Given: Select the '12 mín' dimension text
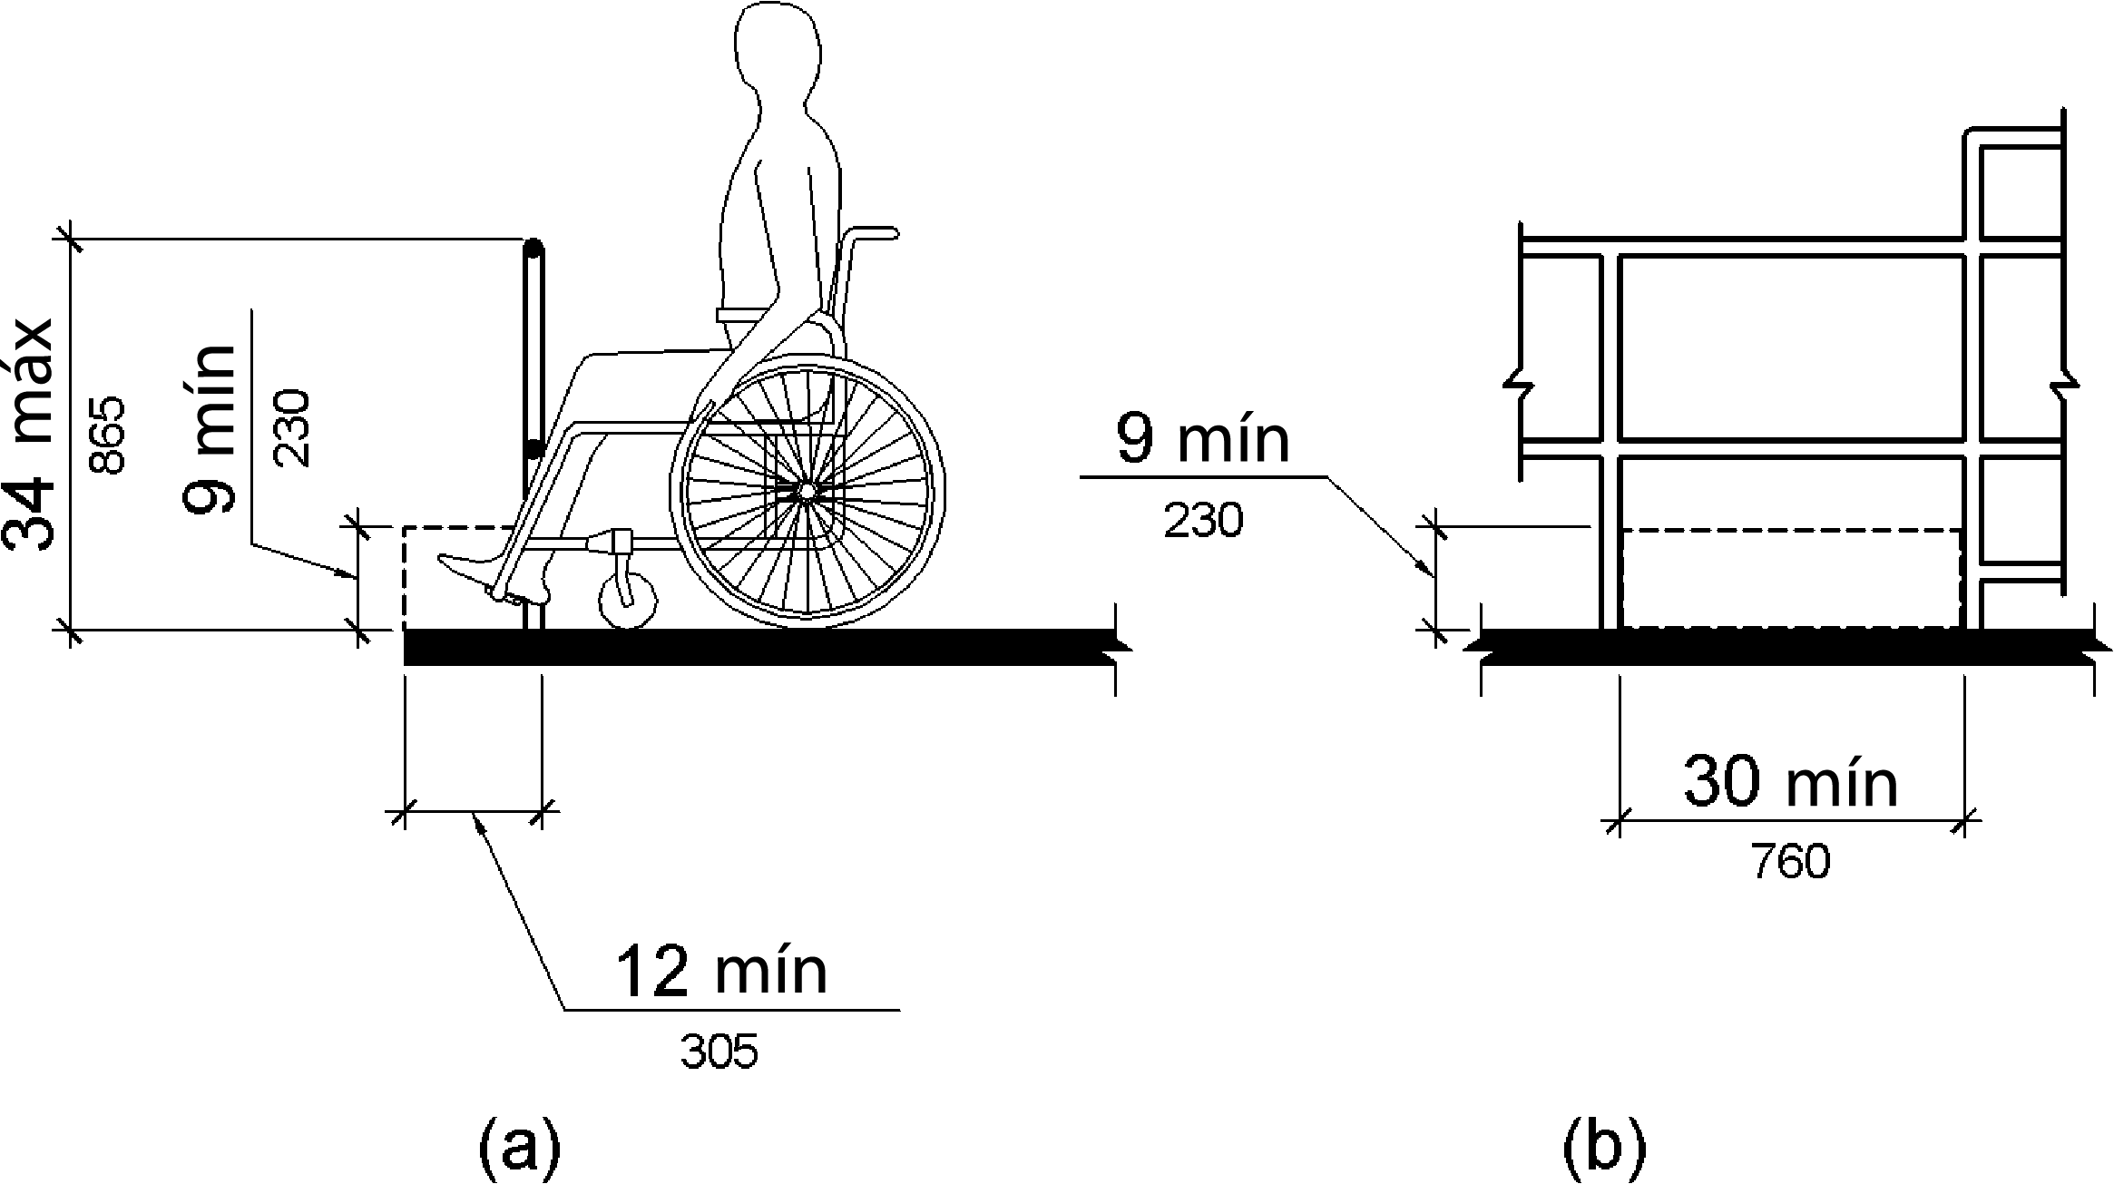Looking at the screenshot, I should coord(721,972).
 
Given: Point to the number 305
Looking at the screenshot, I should coord(719,1053).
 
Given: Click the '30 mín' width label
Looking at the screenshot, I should coord(1790,783).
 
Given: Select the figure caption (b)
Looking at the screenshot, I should coord(1604,1149).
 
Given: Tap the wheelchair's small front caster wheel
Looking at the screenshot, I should coord(627,600).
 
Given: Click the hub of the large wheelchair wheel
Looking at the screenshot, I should coord(805,490).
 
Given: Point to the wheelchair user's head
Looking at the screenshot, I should coord(778,50).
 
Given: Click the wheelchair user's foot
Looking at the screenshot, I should coord(472,571).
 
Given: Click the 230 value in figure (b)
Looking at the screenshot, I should coord(1202,522).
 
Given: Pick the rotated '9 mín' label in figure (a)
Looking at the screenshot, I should coord(210,426).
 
